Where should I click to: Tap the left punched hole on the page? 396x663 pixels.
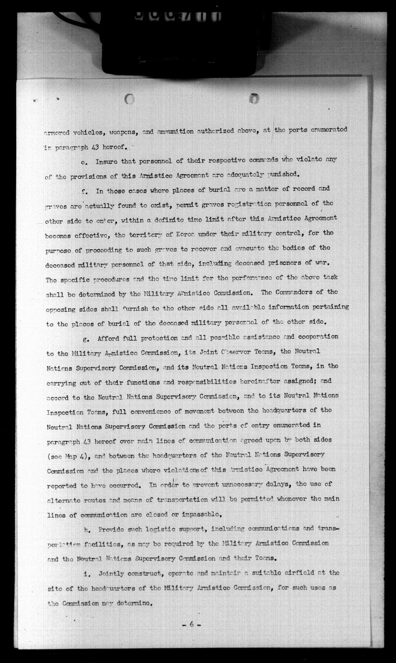tap(129, 99)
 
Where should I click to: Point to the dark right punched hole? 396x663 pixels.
tap(254, 98)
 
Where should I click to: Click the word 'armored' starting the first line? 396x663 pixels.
tap(57, 130)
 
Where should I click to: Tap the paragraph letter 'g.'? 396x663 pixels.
tap(86, 338)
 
